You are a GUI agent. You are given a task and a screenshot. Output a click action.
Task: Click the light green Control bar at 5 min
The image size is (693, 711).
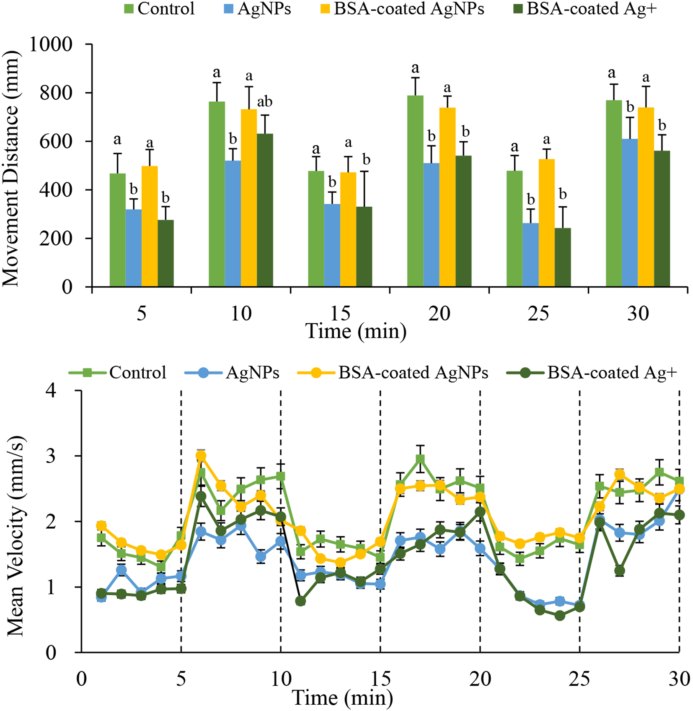click(x=117, y=231)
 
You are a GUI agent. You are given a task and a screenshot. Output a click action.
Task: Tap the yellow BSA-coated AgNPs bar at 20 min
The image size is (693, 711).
click(x=447, y=197)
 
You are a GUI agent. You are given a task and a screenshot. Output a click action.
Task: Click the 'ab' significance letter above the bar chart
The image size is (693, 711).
click(x=265, y=102)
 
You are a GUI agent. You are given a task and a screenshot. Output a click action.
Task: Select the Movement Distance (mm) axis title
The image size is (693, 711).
click(x=11, y=168)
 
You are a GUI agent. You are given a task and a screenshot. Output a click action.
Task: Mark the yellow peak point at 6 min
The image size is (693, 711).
click(x=201, y=456)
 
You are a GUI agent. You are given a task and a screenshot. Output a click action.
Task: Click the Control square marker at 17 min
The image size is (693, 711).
click(x=420, y=459)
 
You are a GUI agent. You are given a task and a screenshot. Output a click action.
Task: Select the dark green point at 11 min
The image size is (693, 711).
click(x=300, y=601)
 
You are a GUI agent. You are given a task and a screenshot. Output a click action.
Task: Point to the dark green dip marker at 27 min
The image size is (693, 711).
click(x=619, y=571)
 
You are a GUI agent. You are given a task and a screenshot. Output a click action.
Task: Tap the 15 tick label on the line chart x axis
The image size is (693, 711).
click(x=380, y=679)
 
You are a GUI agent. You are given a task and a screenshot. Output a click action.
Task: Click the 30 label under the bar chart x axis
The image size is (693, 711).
click(x=638, y=313)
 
